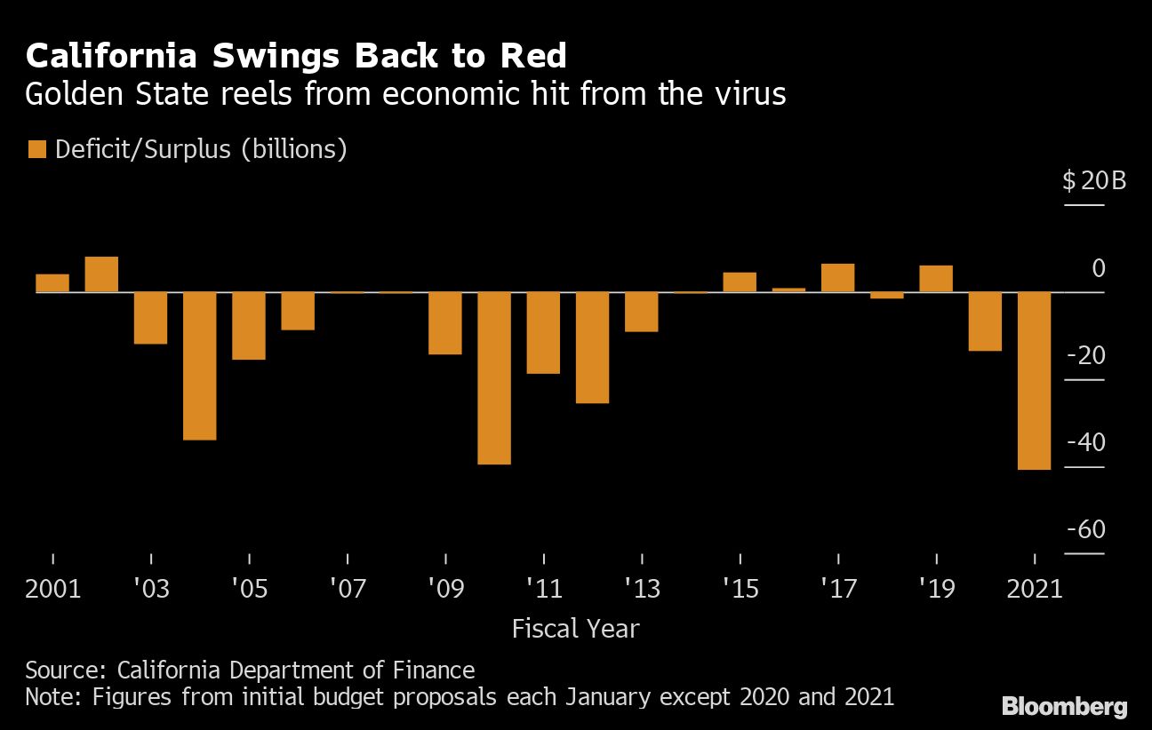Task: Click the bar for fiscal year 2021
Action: pos(1034,380)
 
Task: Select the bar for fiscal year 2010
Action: pos(494,377)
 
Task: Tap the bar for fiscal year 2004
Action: pos(200,365)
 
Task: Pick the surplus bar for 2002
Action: pos(101,274)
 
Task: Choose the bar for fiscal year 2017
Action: pos(837,278)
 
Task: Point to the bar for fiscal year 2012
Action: pos(592,347)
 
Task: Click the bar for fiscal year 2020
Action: pos(985,321)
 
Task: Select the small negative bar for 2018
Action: pos(886,296)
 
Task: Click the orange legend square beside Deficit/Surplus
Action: pos(36,149)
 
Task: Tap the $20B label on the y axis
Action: pos(1094,182)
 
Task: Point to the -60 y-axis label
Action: pos(1085,530)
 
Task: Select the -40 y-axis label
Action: pos(1085,443)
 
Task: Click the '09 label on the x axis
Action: pos(444,589)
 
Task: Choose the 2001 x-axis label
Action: pos(53,589)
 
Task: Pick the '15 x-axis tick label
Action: pos(740,589)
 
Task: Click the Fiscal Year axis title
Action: pos(575,629)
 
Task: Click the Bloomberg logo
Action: pos(1064,707)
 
